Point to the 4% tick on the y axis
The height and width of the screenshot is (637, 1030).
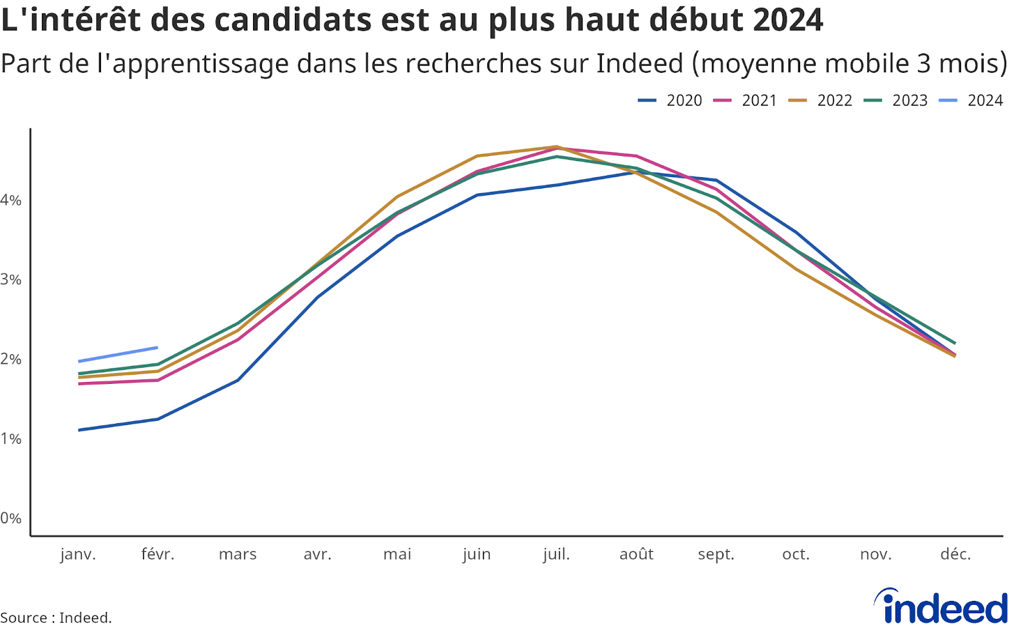(x=11, y=200)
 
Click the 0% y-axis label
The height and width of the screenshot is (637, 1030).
(x=11, y=518)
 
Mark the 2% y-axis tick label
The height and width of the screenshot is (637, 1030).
(x=11, y=359)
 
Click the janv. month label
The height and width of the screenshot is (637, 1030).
(x=78, y=554)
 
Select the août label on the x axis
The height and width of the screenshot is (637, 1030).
(x=636, y=554)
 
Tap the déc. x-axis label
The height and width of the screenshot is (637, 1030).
(x=955, y=554)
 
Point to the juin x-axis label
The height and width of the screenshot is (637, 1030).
(x=476, y=554)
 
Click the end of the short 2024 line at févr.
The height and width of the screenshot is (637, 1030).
(x=157, y=347)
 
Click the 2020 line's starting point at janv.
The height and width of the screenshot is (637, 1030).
(x=79, y=430)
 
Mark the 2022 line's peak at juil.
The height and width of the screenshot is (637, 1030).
(x=556, y=147)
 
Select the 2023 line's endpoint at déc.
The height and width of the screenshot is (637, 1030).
(x=955, y=343)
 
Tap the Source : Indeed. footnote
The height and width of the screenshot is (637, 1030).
(x=56, y=617)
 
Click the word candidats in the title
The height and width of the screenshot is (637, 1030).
(x=293, y=19)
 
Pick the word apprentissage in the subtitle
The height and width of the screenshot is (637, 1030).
(x=194, y=64)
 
